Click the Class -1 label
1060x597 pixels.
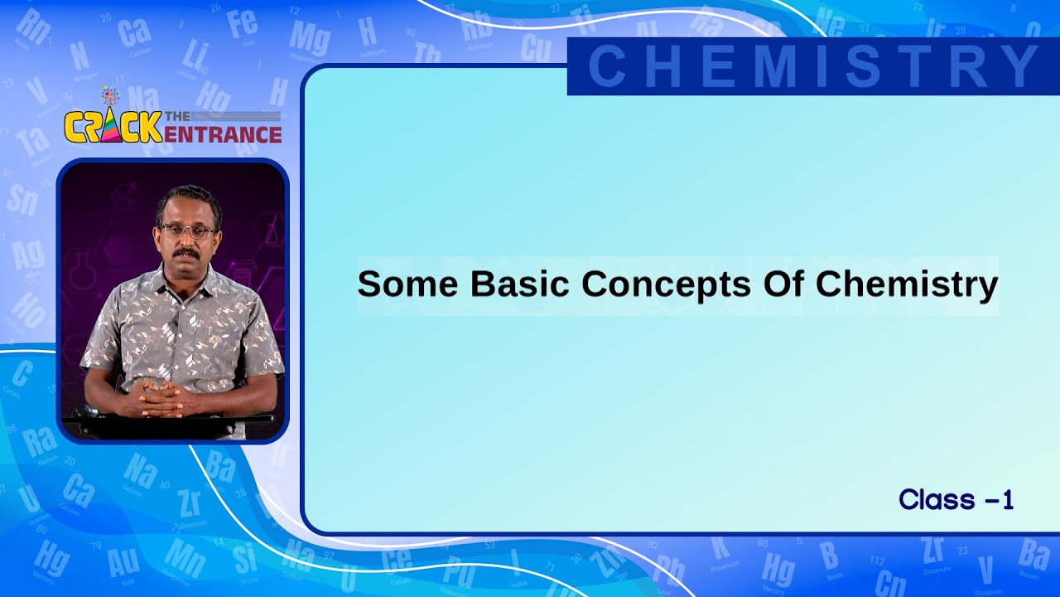click(956, 500)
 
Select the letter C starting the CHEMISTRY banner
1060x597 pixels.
click(606, 66)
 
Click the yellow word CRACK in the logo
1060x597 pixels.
click(113, 126)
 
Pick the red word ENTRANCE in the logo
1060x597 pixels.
click(222, 133)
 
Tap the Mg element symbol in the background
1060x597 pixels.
click(310, 38)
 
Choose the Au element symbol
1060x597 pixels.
click(123, 562)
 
